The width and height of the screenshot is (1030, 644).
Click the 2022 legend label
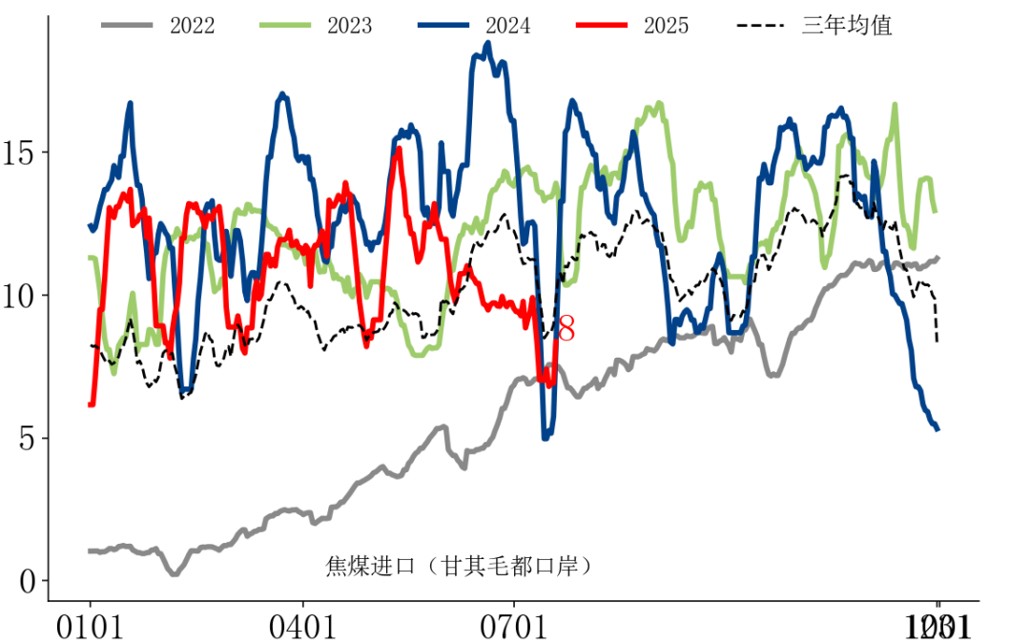tap(192, 26)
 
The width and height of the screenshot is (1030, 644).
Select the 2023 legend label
tap(349, 26)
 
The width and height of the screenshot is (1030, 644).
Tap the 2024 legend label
tap(507, 26)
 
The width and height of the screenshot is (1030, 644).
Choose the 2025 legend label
tap(666, 26)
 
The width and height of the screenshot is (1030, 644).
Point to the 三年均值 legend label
tap(847, 26)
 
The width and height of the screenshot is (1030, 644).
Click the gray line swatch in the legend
tap(128, 26)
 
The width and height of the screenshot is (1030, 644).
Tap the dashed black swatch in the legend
tap(764, 26)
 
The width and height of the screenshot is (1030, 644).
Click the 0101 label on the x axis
tap(91, 627)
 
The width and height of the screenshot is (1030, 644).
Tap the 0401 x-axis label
tap(302, 627)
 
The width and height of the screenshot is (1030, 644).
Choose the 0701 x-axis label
tap(515, 627)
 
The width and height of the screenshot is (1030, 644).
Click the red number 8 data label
tap(566, 330)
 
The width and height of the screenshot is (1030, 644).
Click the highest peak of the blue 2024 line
tap(488, 43)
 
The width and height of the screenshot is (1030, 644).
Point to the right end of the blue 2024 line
tap(937, 429)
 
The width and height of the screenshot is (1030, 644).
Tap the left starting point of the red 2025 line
tap(91, 405)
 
